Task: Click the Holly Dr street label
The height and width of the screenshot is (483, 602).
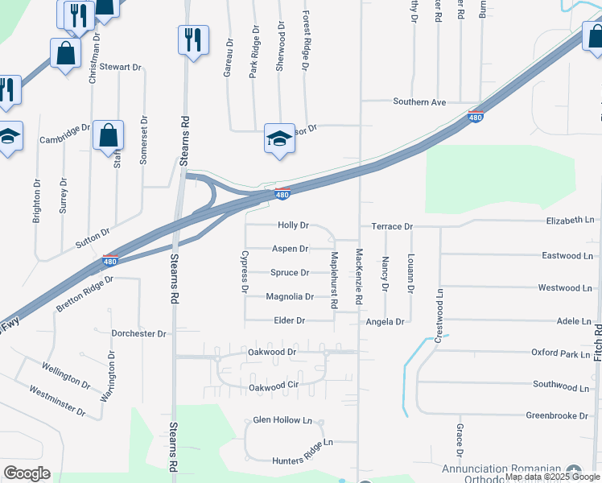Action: pos(293,226)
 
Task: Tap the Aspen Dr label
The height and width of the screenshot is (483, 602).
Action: pos(291,250)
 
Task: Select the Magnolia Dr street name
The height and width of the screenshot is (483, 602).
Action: pos(290,297)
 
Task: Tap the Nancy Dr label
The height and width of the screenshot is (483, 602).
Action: pos(386,274)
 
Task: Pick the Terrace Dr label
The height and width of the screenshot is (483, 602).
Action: pos(392,227)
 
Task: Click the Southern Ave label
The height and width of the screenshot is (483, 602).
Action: pos(419,102)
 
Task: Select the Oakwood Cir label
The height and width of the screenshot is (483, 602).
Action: pos(274,387)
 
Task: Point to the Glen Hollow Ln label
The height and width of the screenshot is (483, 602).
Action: pos(282,420)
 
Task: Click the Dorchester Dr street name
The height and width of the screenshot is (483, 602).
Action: pos(138,333)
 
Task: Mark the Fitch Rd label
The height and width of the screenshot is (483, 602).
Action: pos(596,342)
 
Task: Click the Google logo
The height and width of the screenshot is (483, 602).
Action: pos(27,473)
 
